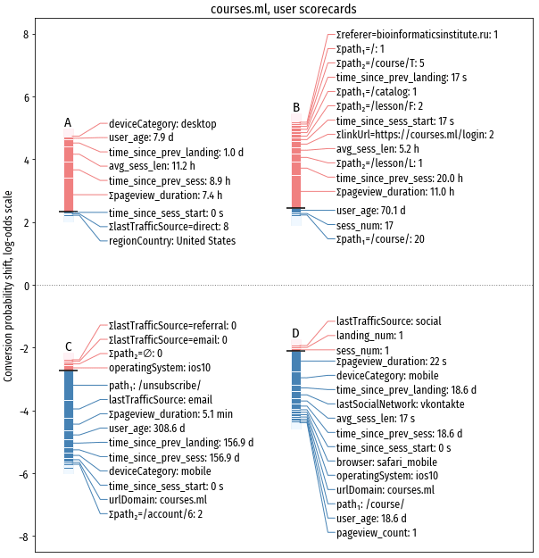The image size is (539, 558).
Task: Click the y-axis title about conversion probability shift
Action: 8,286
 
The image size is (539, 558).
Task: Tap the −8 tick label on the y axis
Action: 23,537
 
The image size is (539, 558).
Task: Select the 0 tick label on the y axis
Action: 26,286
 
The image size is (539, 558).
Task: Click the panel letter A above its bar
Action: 68,122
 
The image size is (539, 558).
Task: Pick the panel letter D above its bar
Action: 295,334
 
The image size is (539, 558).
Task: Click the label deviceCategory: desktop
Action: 156,124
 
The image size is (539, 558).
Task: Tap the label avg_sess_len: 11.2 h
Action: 152,166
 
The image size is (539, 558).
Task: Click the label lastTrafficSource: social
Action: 388,321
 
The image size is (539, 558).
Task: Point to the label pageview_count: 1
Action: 376,532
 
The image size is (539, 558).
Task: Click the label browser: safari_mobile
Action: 386,462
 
